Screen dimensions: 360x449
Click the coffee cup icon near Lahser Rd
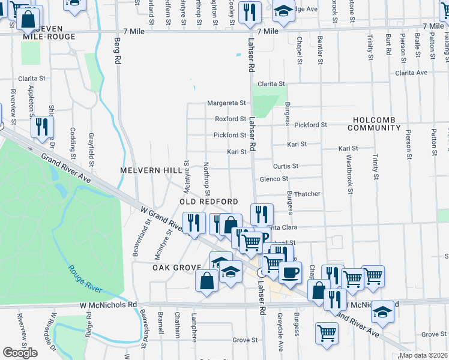[291, 272]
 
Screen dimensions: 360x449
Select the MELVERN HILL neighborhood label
[150, 170]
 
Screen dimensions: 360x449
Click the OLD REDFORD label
[209, 202]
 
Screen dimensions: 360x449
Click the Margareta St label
[227, 103]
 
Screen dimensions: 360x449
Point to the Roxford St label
[231, 119]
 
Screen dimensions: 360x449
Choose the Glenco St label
[274, 179]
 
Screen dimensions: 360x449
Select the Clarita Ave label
[411, 73]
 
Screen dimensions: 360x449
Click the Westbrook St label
[349, 175]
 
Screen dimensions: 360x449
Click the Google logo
[20, 353]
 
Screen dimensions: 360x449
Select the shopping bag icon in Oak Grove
[206, 280]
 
